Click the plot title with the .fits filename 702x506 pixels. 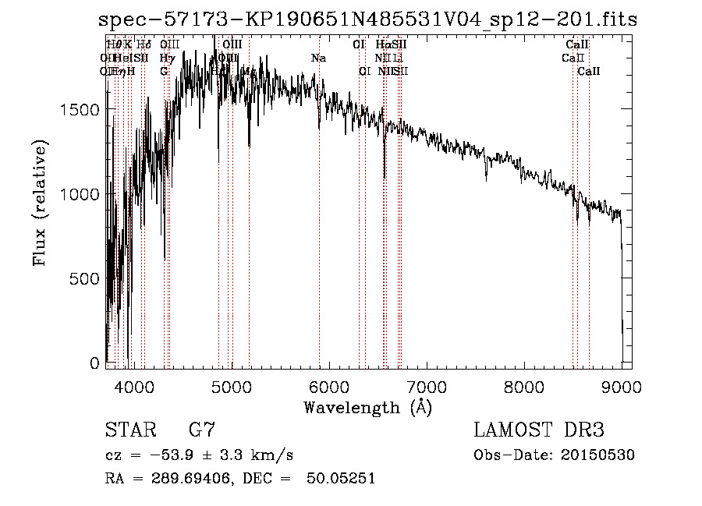pyautogui.click(x=368, y=20)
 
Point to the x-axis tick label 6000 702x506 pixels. pyautogui.click(x=328, y=387)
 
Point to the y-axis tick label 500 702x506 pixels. pyautogui.click(x=84, y=279)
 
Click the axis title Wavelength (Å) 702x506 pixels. pyautogui.click(x=367, y=407)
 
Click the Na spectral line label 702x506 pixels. pyautogui.click(x=318, y=58)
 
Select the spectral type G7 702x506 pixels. pyautogui.click(x=202, y=430)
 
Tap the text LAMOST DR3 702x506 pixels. pyautogui.click(x=539, y=430)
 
